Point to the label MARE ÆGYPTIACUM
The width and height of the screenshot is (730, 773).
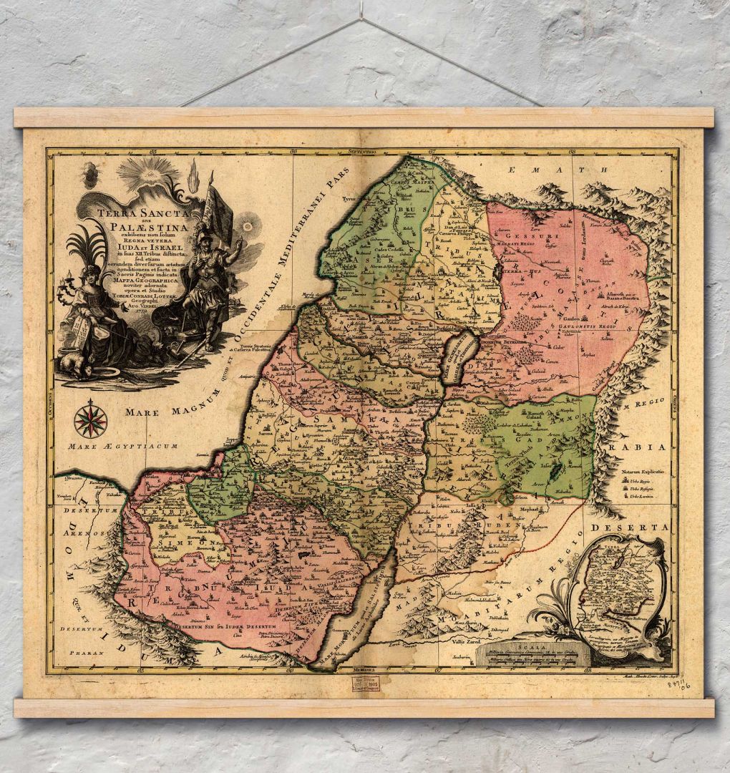pos(122,447)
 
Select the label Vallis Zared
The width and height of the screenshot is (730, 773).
pos(465,642)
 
